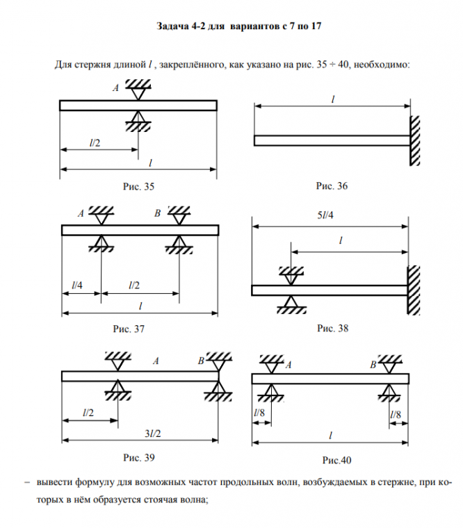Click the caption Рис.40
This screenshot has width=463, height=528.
tap(336, 460)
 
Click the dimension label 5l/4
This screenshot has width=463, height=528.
tap(324, 215)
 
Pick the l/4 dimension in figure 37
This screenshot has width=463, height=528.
tap(77, 286)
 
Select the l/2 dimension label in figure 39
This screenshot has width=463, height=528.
tap(88, 413)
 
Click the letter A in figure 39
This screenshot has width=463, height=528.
tap(156, 361)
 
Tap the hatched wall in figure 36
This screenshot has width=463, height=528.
tap(415, 140)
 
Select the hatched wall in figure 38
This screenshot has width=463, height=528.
tap(414, 290)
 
